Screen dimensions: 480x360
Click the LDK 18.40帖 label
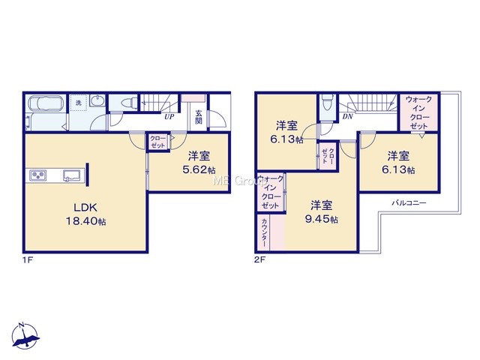(x=86, y=214)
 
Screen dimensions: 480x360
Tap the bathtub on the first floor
(x=46, y=103)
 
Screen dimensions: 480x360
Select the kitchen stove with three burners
(x=38, y=175)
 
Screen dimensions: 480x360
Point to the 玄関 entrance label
(x=199, y=117)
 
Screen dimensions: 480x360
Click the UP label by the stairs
(x=169, y=117)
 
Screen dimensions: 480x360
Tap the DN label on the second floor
(x=347, y=116)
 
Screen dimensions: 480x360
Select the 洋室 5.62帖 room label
(x=199, y=163)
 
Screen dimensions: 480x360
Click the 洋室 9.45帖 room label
(x=322, y=212)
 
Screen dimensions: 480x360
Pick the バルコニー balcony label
(x=409, y=202)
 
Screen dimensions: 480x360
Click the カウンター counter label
(x=265, y=232)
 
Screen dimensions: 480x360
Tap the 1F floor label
(x=27, y=260)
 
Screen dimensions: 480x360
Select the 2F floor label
(x=259, y=260)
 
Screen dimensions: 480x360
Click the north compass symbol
(x=25, y=335)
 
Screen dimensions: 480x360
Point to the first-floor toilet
(x=128, y=102)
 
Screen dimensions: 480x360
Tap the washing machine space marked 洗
(x=79, y=103)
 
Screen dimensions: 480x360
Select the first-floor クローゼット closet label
(x=158, y=142)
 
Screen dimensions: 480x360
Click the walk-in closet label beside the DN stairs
(x=418, y=112)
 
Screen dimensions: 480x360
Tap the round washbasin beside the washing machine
(x=97, y=100)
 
